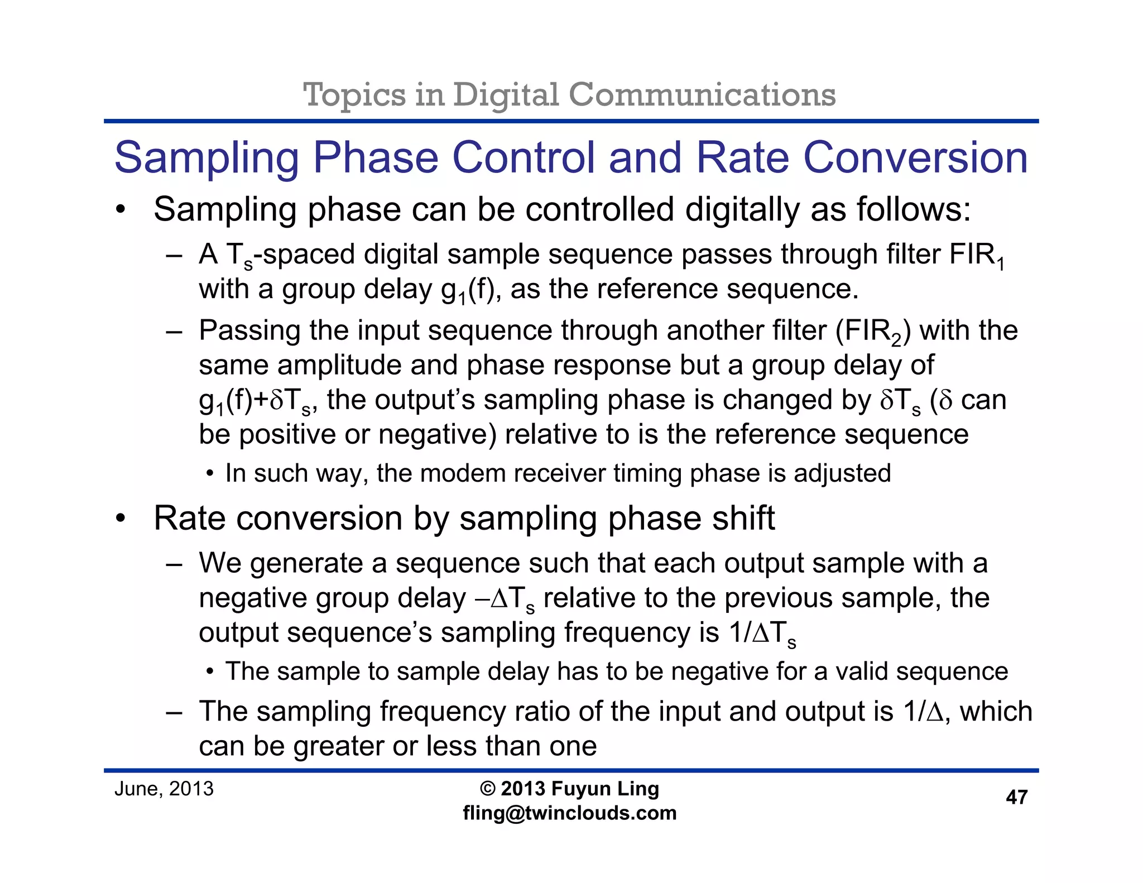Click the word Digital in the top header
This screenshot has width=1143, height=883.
click(x=505, y=95)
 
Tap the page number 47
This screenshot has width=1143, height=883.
click(x=1016, y=797)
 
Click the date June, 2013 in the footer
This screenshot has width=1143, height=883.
click(x=164, y=789)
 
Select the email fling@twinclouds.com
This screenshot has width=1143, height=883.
click(x=569, y=813)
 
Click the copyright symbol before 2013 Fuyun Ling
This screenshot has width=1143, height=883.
click(x=487, y=789)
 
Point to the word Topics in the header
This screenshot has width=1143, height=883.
click(x=354, y=95)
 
